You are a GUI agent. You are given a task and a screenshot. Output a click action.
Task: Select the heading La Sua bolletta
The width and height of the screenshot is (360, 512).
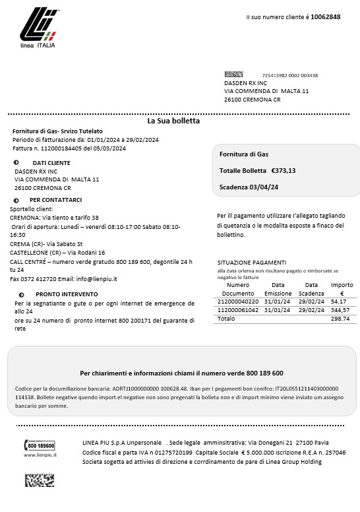pos(173,121)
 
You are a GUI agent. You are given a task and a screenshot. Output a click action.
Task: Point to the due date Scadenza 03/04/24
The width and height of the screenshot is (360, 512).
pos(249,187)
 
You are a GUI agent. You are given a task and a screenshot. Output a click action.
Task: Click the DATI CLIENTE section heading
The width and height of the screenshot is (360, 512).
pos(51,162)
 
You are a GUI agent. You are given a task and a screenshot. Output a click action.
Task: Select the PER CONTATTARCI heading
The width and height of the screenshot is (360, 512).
pos(55,200)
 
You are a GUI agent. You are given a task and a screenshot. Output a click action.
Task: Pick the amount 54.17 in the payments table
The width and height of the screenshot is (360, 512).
pos(340,301)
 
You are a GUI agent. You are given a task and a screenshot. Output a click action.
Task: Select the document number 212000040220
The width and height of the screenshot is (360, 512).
pos(238,301)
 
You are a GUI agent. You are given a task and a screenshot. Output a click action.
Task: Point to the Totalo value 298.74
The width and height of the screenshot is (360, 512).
pos(340,319)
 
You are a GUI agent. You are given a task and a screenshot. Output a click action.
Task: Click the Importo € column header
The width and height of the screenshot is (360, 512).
pos(341,289)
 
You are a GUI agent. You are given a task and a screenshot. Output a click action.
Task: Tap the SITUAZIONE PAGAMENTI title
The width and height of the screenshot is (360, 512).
pos(251,262)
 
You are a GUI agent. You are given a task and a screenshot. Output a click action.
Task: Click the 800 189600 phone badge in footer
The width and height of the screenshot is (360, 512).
pos(41,446)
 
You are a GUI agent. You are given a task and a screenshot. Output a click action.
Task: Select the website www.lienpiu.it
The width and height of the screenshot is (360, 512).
pos(40,455)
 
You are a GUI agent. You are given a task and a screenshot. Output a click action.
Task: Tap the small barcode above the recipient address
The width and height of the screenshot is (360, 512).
pos(233,75)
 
